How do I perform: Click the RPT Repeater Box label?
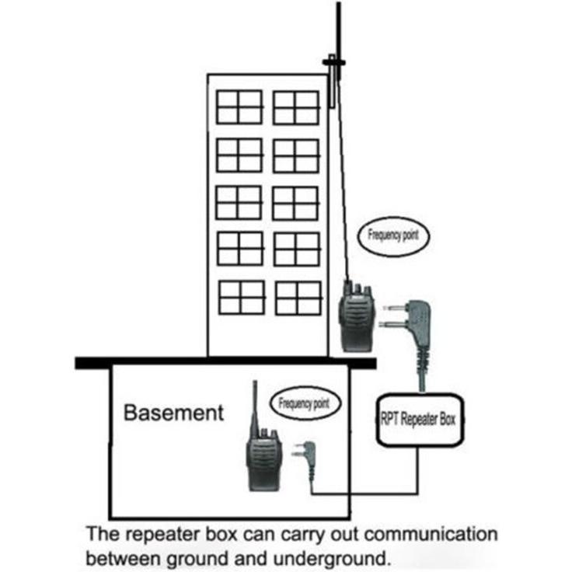418,419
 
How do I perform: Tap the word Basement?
173,413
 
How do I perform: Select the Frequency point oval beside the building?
393,236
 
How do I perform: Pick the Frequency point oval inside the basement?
305,403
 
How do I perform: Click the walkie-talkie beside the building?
356,316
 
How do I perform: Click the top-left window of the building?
239,107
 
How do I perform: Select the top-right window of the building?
296,108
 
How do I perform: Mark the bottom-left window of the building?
242,298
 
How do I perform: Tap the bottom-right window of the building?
299,298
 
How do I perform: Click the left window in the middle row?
239,203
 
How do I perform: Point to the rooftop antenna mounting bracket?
333,63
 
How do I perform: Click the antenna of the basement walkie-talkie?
256,406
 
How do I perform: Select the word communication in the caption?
431,534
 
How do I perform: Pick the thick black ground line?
225,364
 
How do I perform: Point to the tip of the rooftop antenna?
339,3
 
